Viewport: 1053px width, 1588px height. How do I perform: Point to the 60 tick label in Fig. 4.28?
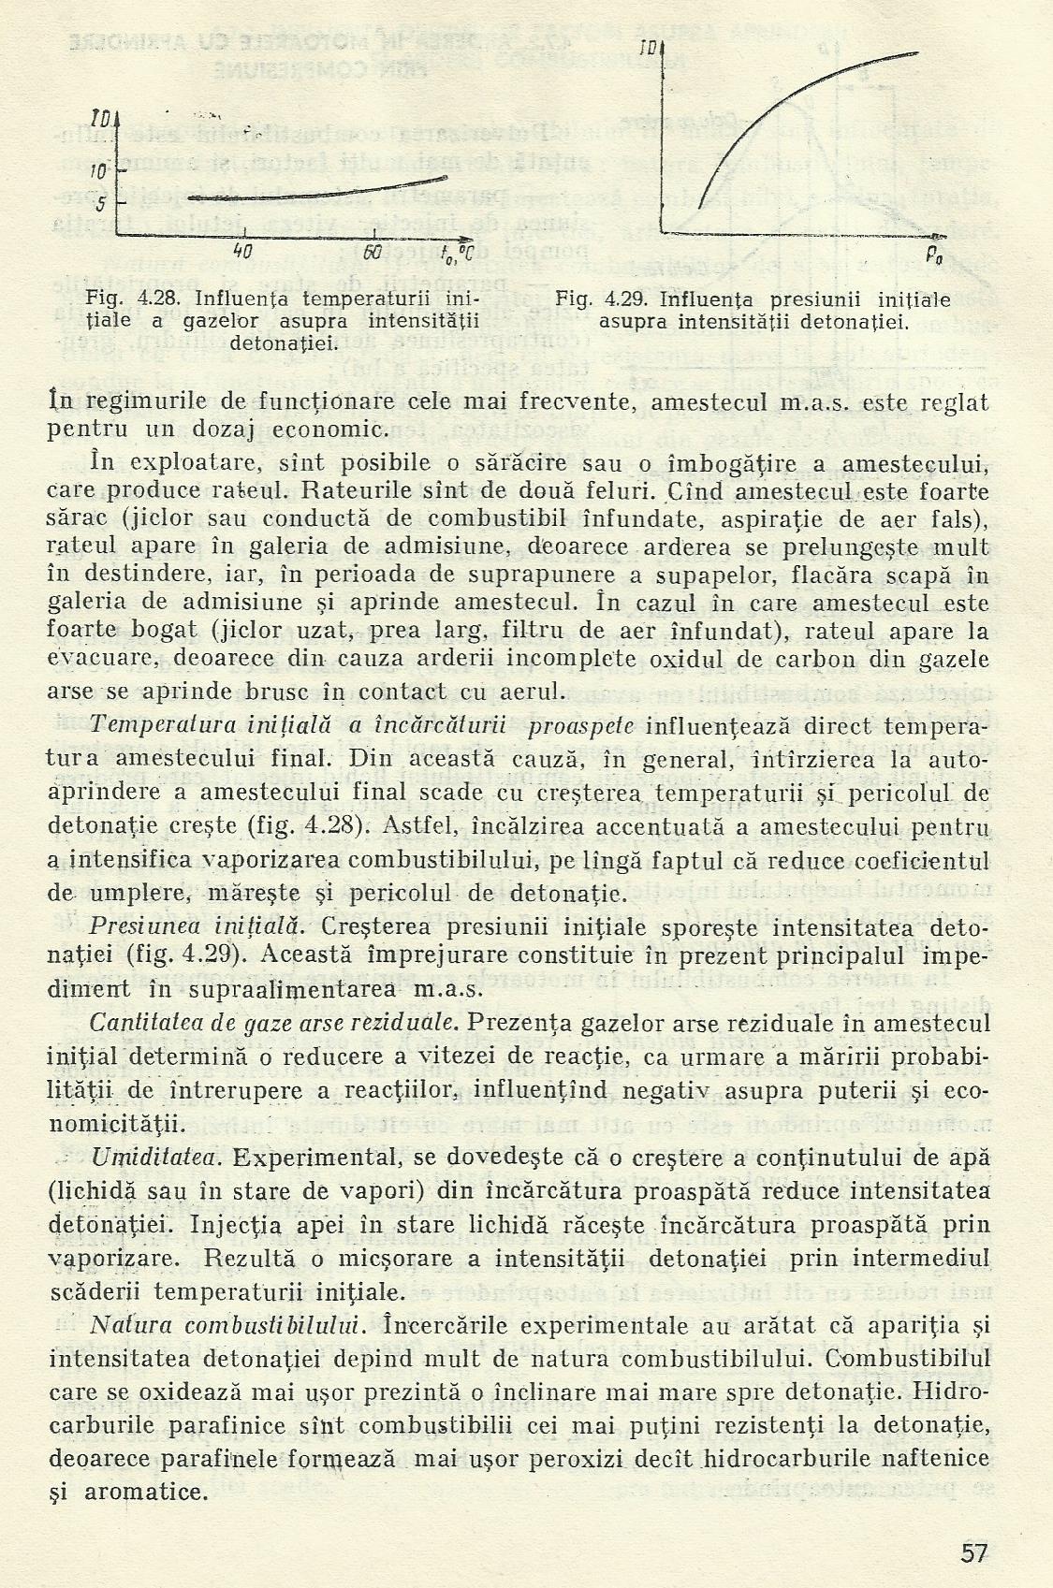point(372,252)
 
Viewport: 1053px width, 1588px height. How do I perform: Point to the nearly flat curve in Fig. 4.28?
point(309,191)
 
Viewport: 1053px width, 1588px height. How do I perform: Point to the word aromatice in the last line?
point(146,1492)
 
